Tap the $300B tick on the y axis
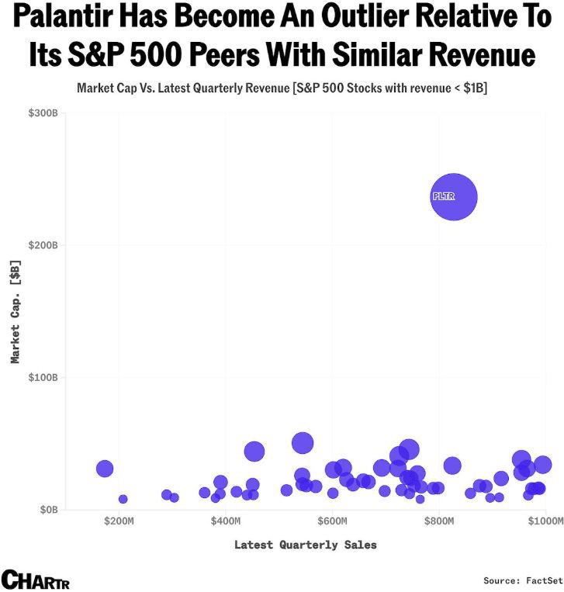tap(43, 113)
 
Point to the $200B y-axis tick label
tap(43, 245)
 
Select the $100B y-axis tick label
tap(43, 377)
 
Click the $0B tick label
tap(48, 510)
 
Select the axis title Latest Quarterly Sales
tap(306, 545)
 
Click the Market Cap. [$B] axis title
tap(15, 311)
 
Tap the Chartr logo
tap(35, 579)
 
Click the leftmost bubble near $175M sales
tap(105, 469)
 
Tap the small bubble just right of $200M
tap(123, 499)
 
